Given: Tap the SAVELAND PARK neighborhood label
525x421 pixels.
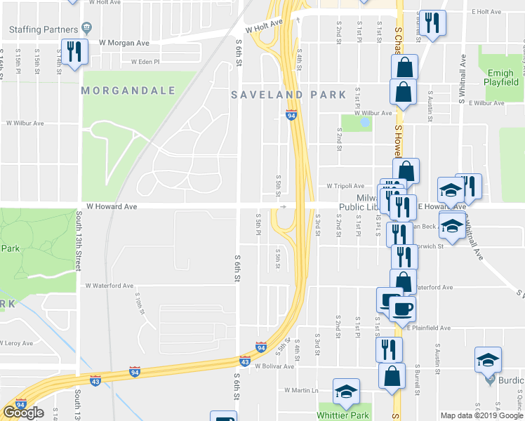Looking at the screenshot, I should pos(289,95).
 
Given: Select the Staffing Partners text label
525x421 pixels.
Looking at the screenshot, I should pos(44,29).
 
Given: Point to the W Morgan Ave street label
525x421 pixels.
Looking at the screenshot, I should pos(125,43).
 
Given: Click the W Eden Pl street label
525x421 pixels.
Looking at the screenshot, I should pos(145,62).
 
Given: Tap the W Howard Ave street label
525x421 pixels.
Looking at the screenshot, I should pos(111,207).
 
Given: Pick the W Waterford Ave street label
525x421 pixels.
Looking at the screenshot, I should pos(109,286).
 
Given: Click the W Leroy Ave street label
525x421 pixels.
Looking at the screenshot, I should pos(17,344).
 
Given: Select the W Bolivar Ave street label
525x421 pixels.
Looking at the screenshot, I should pos(274,366).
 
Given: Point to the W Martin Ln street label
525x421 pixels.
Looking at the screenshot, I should pos(301,390).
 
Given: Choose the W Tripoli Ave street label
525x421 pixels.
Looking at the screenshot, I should pos(345,186).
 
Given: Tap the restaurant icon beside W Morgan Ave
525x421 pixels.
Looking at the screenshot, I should pos(73,51).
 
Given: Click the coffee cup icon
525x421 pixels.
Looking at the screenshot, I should pos(404,307).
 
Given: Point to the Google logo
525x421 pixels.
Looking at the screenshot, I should pos(23,413).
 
